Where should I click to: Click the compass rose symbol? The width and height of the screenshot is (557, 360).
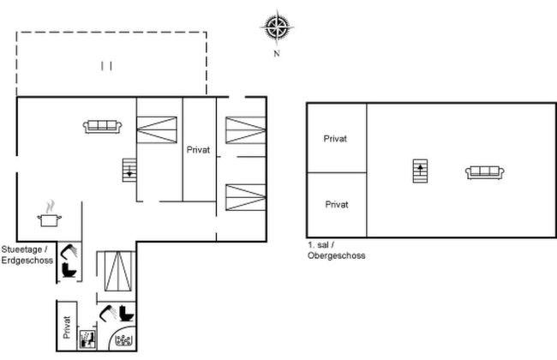pyautogui.click(x=277, y=27)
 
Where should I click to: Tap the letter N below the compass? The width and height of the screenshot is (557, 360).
pyautogui.click(x=277, y=54)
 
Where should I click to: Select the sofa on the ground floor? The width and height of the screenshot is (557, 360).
pyautogui.click(x=102, y=127)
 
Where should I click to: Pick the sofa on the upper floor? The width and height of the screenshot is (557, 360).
pyautogui.click(x=485, y=173)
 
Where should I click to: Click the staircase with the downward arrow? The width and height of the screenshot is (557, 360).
pyautogui.click(x=129, y=170)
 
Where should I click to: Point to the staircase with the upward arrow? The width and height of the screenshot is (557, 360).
pyautogui.click(x=420, y=171)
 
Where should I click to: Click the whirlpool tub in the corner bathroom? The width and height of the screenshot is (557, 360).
pyautogui.click(x=124, y=340)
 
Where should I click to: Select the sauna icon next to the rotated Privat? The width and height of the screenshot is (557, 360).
pyautogui.click(x=87, y=339)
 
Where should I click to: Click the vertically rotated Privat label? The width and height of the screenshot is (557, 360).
pyautogui.click(x=67, y=327)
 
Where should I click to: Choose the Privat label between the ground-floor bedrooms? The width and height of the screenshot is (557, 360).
pyautogui.click(x=198, y=150)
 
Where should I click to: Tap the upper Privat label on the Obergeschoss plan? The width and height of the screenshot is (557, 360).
pyautogui.click(x=335, y=139)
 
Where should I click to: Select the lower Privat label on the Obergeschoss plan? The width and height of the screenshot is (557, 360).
pyautogui.click(x=337, y=204)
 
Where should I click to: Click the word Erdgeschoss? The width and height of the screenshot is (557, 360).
pyautogui.click(x=27, y=260)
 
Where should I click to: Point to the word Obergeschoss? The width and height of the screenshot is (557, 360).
pyautogui.click(x=337, y=255)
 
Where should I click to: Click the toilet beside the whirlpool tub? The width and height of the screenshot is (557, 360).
pyautogui.click(x=127, y=313)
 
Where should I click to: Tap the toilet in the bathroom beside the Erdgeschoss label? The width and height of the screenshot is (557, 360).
pyautogui.click(x=69, y=270)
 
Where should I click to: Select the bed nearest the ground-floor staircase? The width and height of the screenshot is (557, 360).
pyautogui.click(x=157, y=129)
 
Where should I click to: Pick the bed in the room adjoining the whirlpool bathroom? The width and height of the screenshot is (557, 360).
pyautogui.click(x=117, y=272)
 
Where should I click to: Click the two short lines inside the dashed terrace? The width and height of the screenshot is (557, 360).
pyautogui.click(x=106, y=66)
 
